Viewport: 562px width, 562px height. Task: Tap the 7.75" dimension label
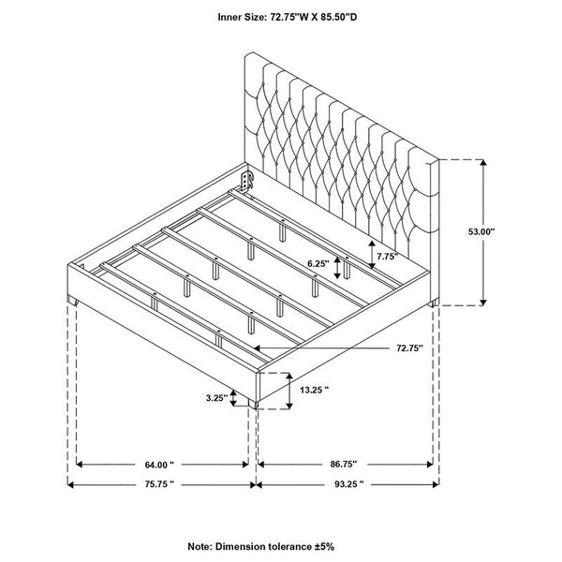coord(386,255)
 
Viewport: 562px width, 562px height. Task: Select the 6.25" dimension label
coord(318,265)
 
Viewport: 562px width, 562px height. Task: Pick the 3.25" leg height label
coord(217,397)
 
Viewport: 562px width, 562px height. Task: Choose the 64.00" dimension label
coord(160,465)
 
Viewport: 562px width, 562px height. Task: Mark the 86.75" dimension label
coord(343,465)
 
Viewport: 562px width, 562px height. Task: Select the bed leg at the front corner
coord(254,406)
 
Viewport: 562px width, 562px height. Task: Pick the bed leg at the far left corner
coord(73,302)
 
